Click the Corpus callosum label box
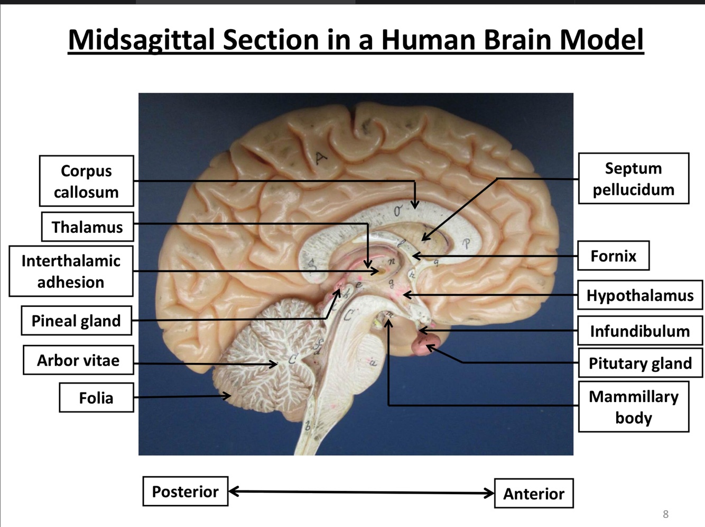point(86,181)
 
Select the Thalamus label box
point(87,227)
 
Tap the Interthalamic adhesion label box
point(71,271)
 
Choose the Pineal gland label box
point(76,321)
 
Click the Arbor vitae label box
point(78,360)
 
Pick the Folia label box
point(96,397)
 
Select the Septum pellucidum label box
point(633,179)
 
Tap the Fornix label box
point(613,256)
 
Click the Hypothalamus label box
point(639,295)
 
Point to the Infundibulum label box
point(639,331)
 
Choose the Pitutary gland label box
point(640,363)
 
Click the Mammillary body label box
point(633,406)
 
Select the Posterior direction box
point(185,492)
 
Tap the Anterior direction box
point(533,494)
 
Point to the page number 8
point(665,514)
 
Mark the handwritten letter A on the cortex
point(321,157)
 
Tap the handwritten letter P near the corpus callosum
point(466,244)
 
